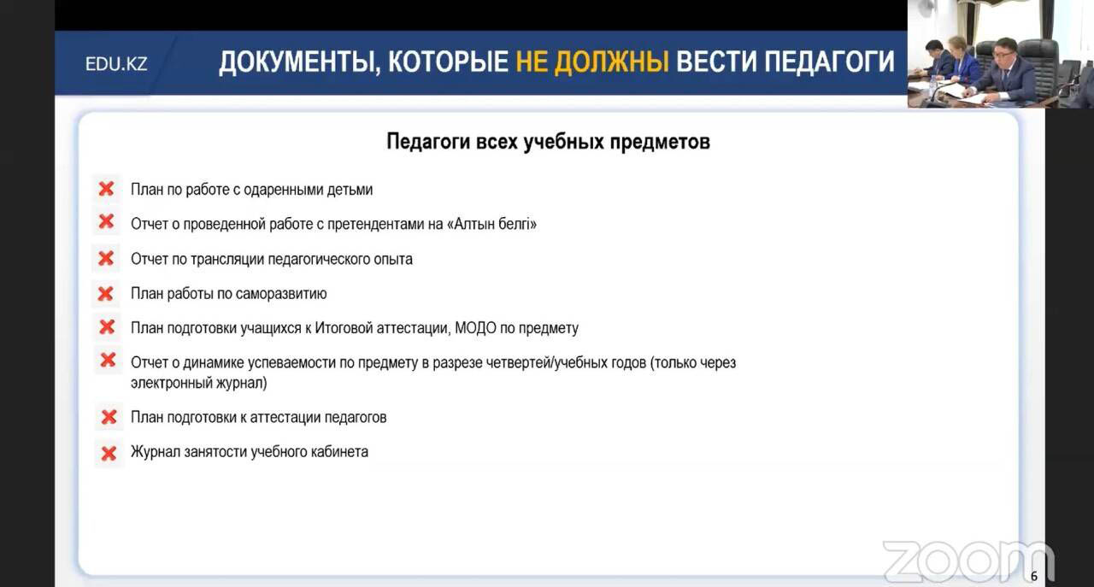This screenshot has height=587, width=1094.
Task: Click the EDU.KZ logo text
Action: (x=116, y=64)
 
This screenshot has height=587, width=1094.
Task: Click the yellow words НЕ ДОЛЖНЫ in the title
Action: (x=592, y=62)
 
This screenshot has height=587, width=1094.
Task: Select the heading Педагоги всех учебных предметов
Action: (x=548, y=142)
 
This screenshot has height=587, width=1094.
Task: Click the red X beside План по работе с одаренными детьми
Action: (x=106, y=189)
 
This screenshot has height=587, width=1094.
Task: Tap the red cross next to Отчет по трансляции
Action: (x=106, y=258)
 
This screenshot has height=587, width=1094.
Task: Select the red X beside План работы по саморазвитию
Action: (x=105, y=294)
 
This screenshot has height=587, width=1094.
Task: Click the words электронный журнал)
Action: (x=199, y=383)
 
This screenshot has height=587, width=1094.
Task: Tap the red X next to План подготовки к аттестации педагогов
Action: (x=109, y=417)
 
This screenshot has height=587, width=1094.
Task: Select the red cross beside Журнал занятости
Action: (x=109, y=454)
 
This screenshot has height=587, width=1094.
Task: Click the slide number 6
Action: (x=1034, y=576)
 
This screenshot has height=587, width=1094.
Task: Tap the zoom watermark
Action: (x=968, y=561)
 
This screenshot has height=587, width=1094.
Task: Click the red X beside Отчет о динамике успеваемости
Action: (x=108, y=361)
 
